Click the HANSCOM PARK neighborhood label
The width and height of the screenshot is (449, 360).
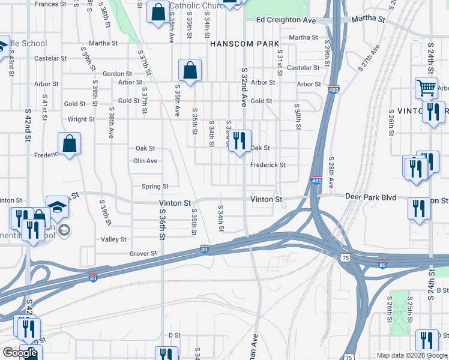pos(244,44)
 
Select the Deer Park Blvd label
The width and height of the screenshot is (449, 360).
pos(370,197)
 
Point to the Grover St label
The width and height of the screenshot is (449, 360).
pos(143,254)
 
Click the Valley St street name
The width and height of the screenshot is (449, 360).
pos(113,239)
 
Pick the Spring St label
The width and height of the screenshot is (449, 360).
pos(155,187)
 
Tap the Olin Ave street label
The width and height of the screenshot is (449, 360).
pos(145,161)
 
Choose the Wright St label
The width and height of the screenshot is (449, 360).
pos(81,119)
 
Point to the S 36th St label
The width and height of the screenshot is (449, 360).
pos(162,229)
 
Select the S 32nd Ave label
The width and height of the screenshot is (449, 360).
pos(244,88)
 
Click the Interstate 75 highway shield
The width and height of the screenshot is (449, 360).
pos(346,256)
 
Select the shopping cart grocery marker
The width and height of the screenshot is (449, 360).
pos(426,88)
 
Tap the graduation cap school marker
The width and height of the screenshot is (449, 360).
pos(58,207)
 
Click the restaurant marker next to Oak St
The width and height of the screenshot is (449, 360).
pos(239,141)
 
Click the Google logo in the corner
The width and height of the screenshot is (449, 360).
pos(20,353)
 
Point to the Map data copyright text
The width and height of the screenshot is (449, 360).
pos(411,355)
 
